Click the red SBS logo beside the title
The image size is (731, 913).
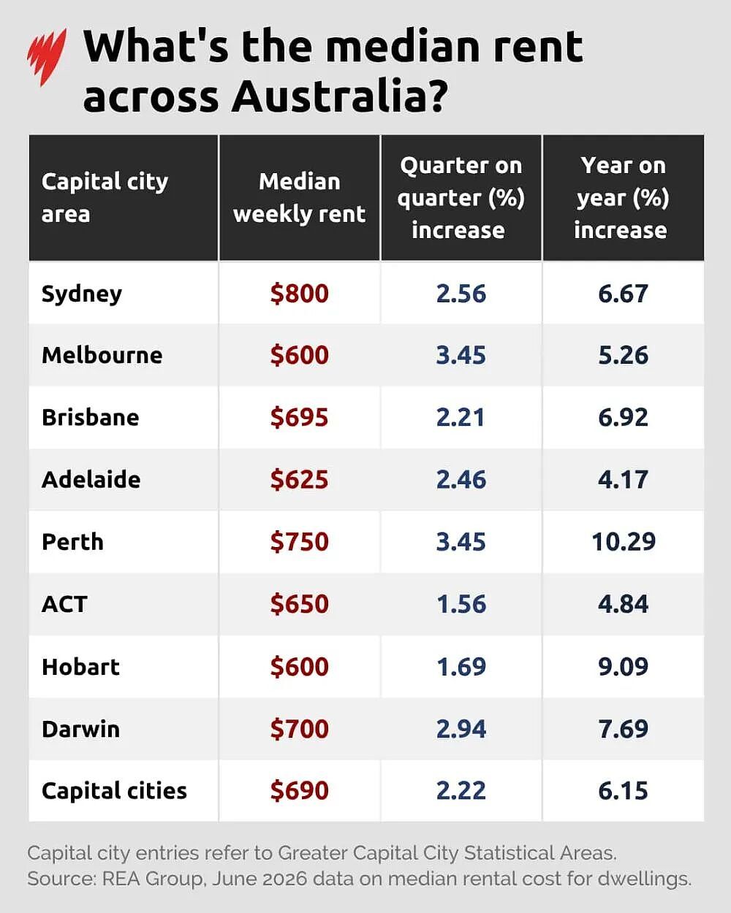click(47, 57)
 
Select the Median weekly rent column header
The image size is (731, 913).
click(300, 198)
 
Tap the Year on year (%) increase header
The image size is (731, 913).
click(622, 198)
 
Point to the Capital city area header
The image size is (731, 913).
click(105, 198)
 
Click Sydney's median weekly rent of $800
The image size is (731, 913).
click(300, 294)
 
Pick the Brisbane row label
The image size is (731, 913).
click(91, 418)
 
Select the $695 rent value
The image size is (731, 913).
click(300, 418)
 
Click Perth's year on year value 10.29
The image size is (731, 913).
click(624, 542)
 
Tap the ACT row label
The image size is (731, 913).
click(64, 604)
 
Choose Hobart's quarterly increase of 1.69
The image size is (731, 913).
click(461, 667)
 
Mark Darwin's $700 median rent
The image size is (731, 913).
click(300, 729)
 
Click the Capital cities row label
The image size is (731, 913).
click(114, 791)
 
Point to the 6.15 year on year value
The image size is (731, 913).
click(623, 791)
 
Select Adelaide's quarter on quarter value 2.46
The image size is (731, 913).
click(461, 480)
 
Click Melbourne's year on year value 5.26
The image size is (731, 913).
click(623, 355)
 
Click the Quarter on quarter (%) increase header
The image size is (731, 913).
click(461, 198)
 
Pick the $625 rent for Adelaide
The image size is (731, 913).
click(300, 480)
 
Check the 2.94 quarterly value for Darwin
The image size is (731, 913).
click(461, 729)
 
